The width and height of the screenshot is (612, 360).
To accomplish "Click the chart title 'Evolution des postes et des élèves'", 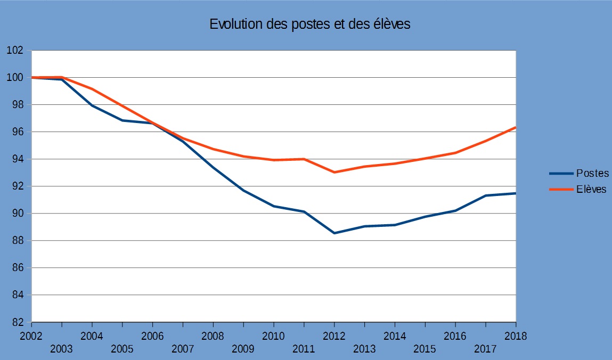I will click(x=309, y=24).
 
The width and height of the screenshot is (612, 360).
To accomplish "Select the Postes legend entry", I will click(x=592, y=173).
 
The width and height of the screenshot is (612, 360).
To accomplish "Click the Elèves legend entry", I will click(x=591, y=189).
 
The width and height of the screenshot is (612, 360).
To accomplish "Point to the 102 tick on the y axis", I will click(x=15, y=51).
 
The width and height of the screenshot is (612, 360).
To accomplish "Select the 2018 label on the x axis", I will click(x=516, y=336).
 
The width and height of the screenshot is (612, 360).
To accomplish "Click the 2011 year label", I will click(x=304, y=349).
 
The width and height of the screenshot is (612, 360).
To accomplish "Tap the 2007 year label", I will click(x=183, y=349).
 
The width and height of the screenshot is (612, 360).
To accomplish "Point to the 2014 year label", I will click(x=395, y=336).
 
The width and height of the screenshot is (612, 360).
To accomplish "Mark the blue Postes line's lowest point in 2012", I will click(x=334, y=233).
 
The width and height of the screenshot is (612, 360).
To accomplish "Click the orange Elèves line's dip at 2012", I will click(x=334, y=172).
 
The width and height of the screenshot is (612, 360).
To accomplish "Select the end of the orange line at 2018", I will click(x=515, y=127).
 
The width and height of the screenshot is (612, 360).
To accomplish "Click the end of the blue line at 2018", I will click(x=515, y=193).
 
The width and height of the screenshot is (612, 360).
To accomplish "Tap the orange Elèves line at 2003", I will click(x=62, y=77).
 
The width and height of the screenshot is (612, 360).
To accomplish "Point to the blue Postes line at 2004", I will click(x=92, y=105).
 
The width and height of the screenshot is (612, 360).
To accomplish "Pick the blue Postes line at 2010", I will click(x=274, y=206).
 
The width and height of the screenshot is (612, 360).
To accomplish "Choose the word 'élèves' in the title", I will click(x=391, y=24).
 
